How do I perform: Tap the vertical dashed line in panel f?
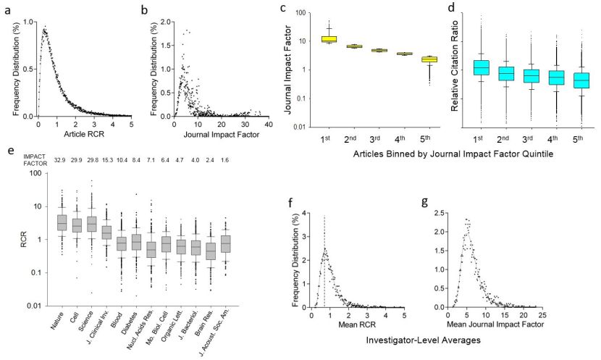click(x=324, y=261)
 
